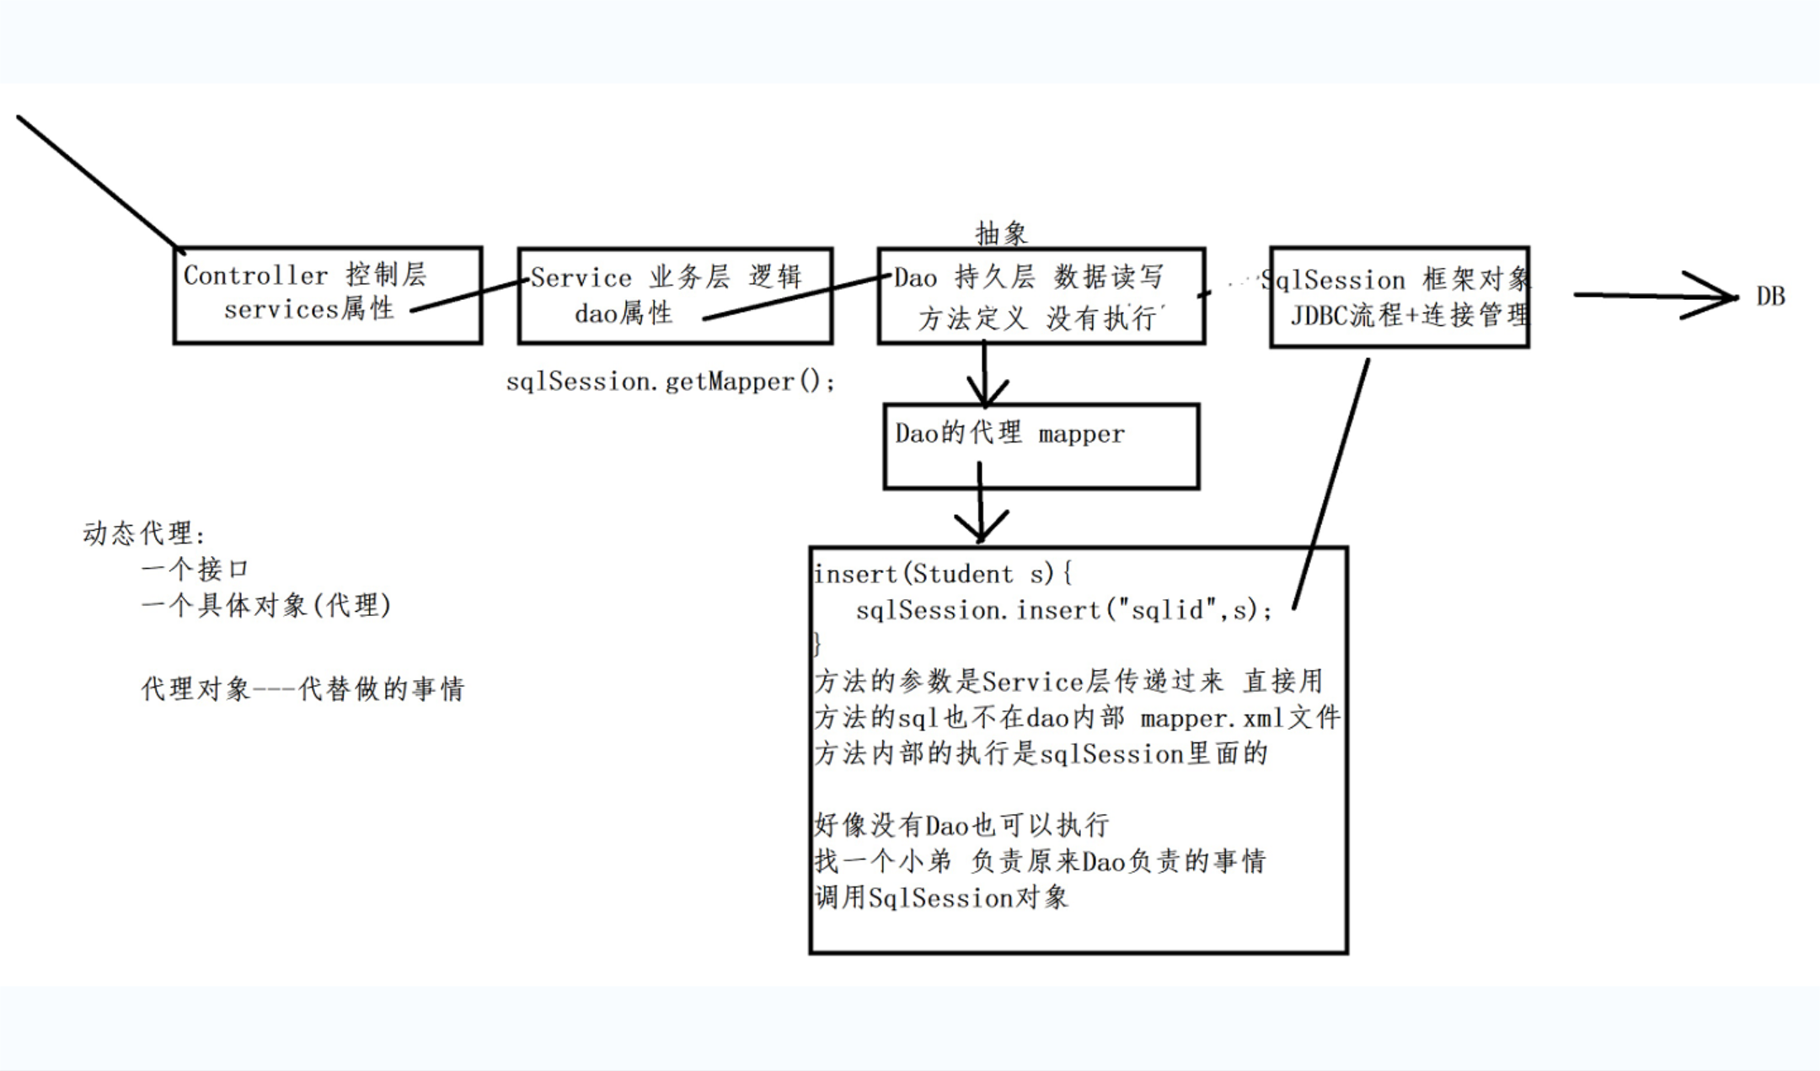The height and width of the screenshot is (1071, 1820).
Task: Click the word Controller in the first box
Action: [x=255, y=276]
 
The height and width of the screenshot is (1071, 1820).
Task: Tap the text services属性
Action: [x=308, y=309]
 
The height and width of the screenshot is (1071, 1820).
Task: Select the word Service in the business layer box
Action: [x=581, y=278]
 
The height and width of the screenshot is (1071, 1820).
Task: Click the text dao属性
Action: [x=624, y=313]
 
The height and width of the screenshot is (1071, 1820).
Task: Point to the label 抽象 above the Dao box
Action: [x=1001, y=233]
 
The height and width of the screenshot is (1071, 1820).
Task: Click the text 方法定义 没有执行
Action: [x=1041, y=318]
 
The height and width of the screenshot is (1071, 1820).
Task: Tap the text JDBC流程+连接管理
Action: [x=1409, y=315]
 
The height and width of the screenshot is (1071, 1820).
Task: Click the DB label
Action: [x=1770, y=297]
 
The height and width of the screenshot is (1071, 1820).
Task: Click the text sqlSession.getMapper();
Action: [x=671, y=382]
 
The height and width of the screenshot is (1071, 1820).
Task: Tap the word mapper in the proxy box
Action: [x=1081, y=434]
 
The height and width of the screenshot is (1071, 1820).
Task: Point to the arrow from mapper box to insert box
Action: [x=981, y=514]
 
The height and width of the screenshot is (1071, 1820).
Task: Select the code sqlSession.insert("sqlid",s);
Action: [x=1063, y=610]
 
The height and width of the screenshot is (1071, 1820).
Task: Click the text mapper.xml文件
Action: [x=1239, y=718]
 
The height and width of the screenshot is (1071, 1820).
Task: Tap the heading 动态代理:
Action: [x=144, y=533]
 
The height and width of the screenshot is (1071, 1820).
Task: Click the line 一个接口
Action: [x=195, y=569]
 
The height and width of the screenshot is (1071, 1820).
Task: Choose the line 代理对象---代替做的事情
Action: [x=302, y=689]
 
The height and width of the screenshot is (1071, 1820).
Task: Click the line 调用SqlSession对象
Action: [x=941, y=897]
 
